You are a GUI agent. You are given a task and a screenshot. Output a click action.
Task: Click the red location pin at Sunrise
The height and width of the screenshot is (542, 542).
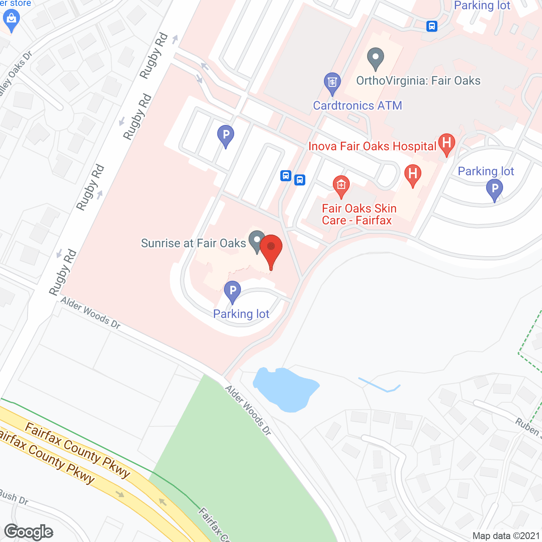(271, 247)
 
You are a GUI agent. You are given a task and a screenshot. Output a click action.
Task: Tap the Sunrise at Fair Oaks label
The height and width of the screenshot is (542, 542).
(194, 243)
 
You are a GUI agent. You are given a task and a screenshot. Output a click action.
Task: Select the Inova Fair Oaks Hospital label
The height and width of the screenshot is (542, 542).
(372, 147)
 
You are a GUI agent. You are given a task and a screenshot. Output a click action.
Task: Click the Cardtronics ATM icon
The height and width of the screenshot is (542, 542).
(332, 83)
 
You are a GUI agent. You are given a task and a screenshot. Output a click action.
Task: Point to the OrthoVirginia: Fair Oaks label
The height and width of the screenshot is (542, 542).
(418, 81)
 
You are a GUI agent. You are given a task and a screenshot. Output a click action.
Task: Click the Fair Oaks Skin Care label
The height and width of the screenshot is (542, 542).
(359, 214)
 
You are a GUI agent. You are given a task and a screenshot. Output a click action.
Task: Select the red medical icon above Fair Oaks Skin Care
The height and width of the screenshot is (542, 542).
(341, 185)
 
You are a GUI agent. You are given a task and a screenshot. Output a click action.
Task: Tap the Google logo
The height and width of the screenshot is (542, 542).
(29, 532)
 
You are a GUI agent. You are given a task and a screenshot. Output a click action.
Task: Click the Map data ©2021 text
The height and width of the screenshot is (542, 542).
(506, 536)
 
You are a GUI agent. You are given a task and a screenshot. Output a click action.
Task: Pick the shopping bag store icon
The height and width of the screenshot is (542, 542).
(11, 19)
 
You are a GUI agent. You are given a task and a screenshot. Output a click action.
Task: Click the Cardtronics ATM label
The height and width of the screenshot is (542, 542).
(357, 105)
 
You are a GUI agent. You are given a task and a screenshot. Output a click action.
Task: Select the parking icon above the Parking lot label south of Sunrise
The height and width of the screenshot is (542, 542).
(232, 291)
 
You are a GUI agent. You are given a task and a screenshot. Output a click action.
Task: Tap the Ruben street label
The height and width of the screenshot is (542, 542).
(528, 427)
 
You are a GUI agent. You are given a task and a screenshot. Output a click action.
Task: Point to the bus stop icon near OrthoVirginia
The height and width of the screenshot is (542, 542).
(431, 26)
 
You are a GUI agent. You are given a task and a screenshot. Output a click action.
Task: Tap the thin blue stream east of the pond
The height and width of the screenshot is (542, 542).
(379, 385)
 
